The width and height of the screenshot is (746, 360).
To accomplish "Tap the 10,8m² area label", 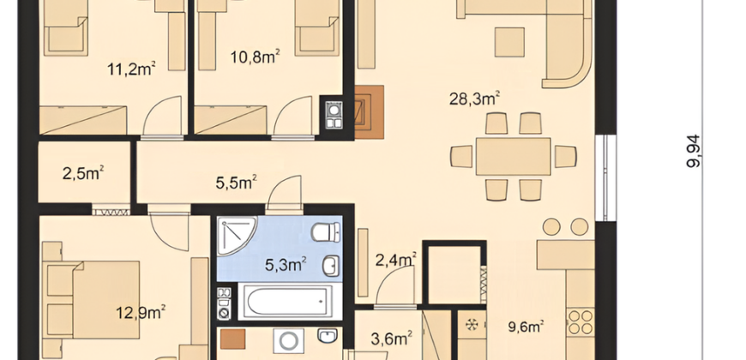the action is click(255, 57).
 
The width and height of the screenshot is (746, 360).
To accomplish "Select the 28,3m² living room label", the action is click(474, 99).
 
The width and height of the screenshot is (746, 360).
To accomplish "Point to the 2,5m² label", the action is click(84, 173).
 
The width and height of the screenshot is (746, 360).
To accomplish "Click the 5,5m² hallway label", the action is click(237, 182).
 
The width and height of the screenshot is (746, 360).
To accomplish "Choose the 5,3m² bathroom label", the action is click(286, 264).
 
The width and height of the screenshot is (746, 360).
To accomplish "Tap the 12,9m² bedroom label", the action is click(141, 313).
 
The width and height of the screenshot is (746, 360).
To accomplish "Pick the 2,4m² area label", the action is click(396, 260).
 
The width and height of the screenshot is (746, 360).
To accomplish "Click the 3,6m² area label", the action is click(392, 339).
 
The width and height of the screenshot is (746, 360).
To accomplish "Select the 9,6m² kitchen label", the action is click(526, 327).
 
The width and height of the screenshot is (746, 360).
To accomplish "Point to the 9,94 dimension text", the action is click(694, 151).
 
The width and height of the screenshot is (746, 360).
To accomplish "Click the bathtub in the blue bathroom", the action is click(290, 302).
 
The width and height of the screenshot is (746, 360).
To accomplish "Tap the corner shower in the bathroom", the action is click(237, 237).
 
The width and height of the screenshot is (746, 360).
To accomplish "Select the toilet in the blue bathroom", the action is click(327, 232).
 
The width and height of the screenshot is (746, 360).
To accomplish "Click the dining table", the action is click(514, 157).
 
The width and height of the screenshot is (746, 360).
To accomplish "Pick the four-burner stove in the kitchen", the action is click(581, 322).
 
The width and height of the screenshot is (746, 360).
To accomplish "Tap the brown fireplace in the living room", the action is click(370, 112).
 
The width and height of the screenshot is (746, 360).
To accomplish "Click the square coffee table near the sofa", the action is click(509, 42).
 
